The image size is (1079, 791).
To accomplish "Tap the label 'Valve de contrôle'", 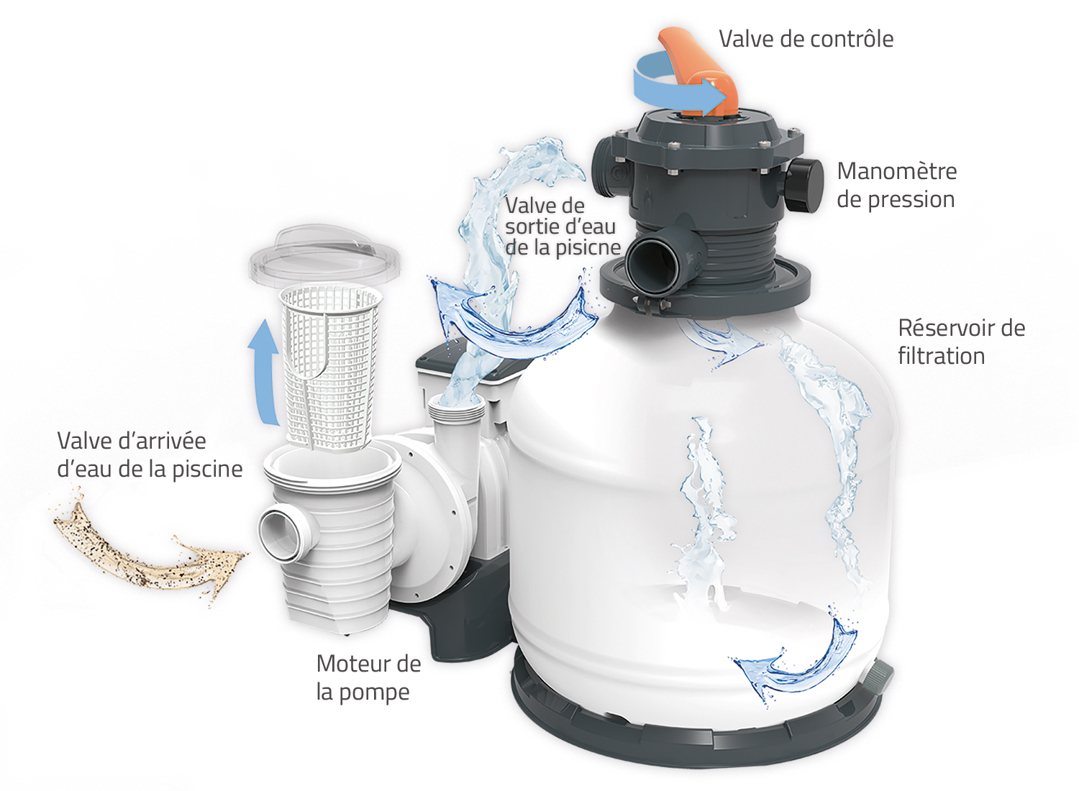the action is click(x=806, y=39).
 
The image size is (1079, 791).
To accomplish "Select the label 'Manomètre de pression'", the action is click(x=896, y=186).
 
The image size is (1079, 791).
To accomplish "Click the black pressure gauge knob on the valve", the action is click(x=803, y=186).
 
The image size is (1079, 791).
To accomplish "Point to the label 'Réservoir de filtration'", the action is click(x=962, y=342).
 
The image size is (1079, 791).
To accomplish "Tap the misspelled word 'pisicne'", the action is click(x=589, y=248).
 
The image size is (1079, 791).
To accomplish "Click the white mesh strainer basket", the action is click(x=330, y=367).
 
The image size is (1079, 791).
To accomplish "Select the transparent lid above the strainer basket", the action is click(x=324, y=256).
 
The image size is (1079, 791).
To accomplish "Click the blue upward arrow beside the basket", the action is click(x=264, y=371).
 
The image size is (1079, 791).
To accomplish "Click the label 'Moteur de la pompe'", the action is click(x=368, y=677).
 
